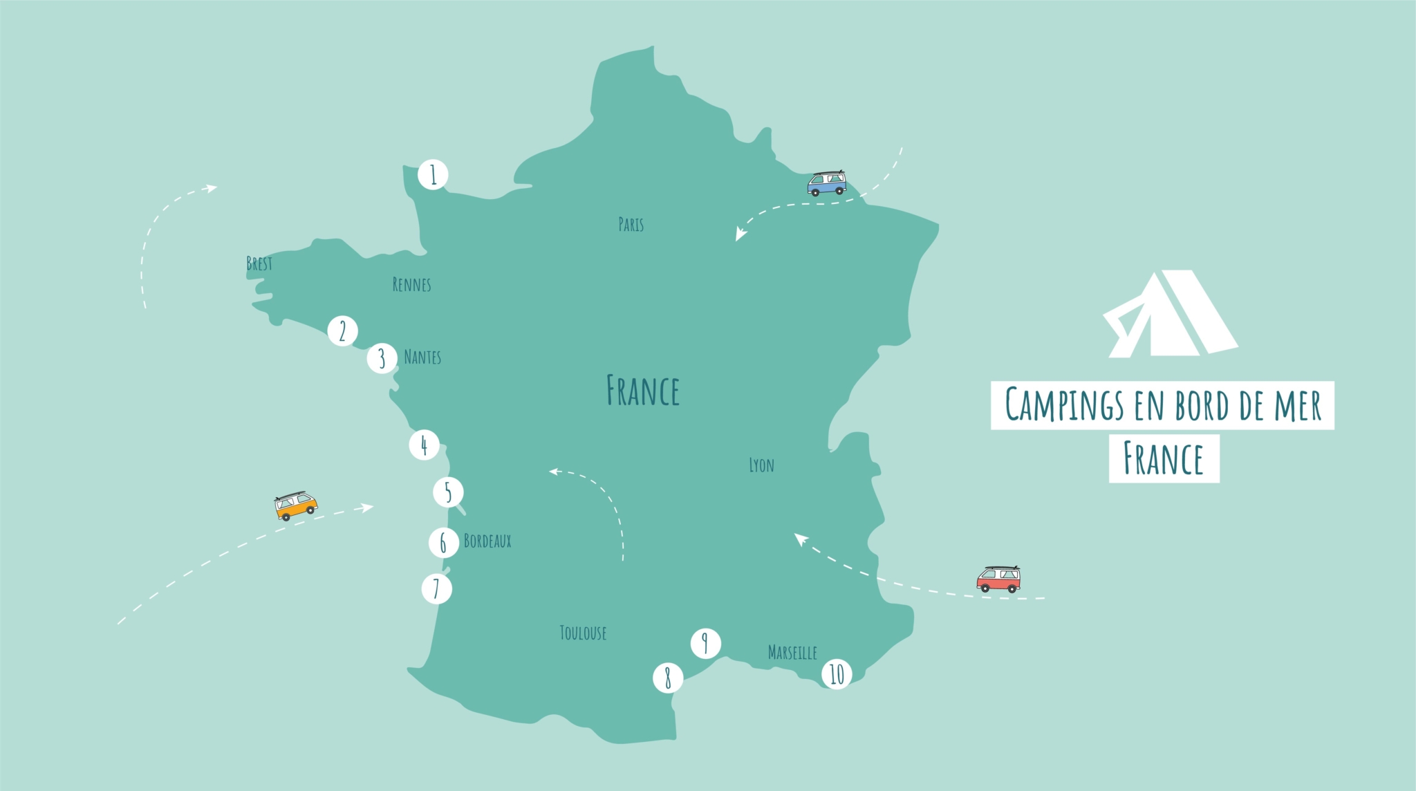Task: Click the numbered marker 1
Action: point(434,175)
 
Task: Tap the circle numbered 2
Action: point(342,331)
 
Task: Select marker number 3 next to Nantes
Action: point(382,358)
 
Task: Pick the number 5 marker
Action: point(448,492)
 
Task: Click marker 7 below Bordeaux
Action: point(436,589)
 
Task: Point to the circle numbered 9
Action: point(705,644)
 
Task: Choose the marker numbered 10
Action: point(837,674)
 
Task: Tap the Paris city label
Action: point(631,224)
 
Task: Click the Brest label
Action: point(259,263)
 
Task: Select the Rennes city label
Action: point(411,284)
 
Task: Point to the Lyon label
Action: point(761,465)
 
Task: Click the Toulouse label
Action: point(583,633)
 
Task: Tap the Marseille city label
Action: point(792,652)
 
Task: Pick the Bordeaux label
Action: point(487,541)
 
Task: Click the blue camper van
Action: point(827,183)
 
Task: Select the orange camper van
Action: point(296,506)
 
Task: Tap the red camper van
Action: point(998,579)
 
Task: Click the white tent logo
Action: point(1168,315)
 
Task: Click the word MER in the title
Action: point(1298,405)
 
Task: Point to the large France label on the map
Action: point(643,391)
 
